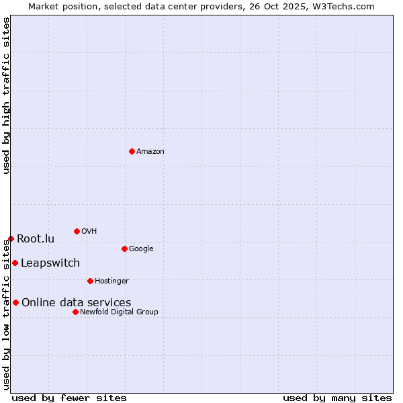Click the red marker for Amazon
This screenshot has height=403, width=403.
[x=132, y=151]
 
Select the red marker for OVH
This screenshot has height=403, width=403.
[x=77, y=231]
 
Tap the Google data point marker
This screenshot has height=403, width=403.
[x=124, y=249]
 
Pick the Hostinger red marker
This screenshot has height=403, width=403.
[x=90, y=281]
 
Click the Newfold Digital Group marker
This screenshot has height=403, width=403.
[x=75, y=312]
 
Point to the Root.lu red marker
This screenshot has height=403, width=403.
[x=11, y=238]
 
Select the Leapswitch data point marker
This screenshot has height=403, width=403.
[x=15, y=263]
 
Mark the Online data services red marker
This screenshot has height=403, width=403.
[x=15, y=302]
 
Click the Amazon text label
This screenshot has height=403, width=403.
[x=150, y=151]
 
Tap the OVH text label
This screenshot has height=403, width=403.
[x=89, y=231]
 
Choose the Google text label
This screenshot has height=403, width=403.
[x=141, y=249]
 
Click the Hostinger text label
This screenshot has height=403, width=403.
[x=111, y=281]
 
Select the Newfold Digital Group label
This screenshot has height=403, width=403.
[x=119, y=312]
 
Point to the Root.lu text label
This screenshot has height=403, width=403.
[x=36, y=238]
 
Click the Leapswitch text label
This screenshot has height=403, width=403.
[x=50, y=263]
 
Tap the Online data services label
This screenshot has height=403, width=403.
[x=77, y=302]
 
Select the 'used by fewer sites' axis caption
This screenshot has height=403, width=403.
[x=69, y=398]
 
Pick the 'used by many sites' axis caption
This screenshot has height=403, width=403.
[x=337, y=398]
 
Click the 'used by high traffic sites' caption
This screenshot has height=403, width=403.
[x=6, y=96]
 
